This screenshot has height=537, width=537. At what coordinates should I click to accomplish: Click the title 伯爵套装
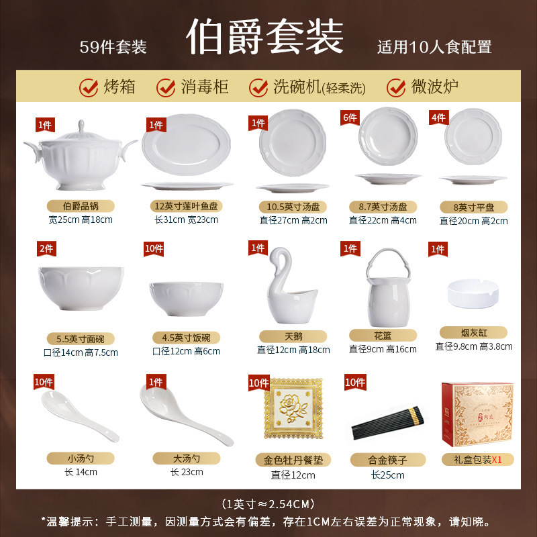[265, 37]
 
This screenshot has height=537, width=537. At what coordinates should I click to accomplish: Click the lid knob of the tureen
[80, 126]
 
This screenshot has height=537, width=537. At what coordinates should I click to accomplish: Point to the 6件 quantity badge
[349, 117]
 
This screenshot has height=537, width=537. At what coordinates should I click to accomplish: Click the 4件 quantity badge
[438, 117]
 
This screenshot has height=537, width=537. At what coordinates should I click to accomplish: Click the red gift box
[477, 415]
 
